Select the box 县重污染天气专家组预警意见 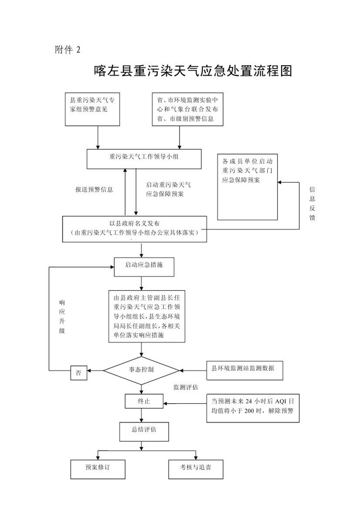pyautogui.click(x=93, y=109)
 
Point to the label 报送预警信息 pyautogui.click(x=94, y=189)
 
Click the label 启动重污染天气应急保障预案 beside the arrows pyautogui.click(x=169, y=189)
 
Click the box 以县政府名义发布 pyautogui.click(x=135, y=228)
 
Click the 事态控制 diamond pyautogui.click(x=142, y=370)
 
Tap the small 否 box pyautogui.click(x=79, y=373)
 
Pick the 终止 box pyautogui.click(x=143, y=401)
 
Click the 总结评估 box pyautogui.click(x=144, y=430)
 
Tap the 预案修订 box pyautogui.click(x=98, y=469)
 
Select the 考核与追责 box pyautogui.click(x=196, y=469)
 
